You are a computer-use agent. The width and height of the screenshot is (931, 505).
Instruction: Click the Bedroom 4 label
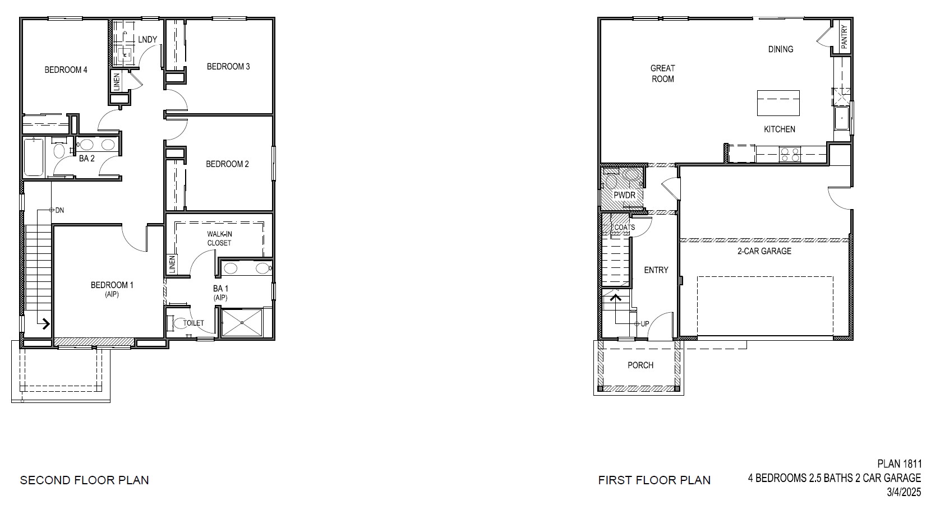coord(66,70)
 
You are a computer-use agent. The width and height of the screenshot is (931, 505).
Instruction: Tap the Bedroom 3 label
coord(228,67)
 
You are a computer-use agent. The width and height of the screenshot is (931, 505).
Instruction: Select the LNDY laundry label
coord(148,39)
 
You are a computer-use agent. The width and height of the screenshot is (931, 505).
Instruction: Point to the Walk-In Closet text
coord(219,239)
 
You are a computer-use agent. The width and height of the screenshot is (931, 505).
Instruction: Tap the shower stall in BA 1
coord(242,322)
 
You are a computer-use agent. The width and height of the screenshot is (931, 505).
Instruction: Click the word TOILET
coord(193,323)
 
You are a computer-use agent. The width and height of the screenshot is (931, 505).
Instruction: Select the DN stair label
coord(59,210)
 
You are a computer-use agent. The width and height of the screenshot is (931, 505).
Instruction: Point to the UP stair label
coord(645,324)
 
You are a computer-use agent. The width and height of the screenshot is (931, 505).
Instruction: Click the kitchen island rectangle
coord(778,103)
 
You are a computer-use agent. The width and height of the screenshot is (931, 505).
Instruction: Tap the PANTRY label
coord(844,37)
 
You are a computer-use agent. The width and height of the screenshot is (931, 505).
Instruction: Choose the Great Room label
coord(662,73)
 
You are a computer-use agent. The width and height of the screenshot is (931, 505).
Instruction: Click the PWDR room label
coord(624,195)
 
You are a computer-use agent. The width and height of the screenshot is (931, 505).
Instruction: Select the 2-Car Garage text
coord(764,251)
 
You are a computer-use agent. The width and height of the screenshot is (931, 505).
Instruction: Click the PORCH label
coord(640,365)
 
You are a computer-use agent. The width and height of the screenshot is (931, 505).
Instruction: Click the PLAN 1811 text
coord(899,464)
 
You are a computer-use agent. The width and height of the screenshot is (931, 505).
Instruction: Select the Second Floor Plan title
coord(85,480)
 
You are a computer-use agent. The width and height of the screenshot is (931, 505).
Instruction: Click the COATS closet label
coord(625,228)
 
